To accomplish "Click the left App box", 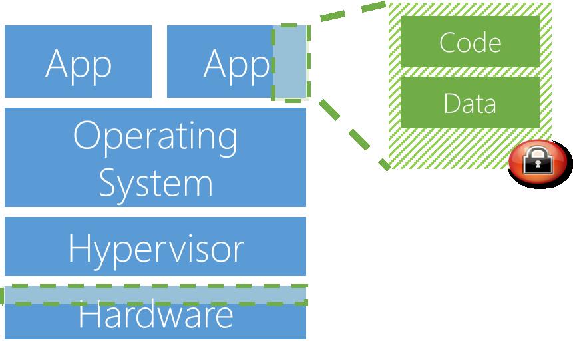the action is pos(78,61).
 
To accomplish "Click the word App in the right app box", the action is pos(236,66).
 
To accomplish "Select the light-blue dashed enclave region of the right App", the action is pos(291,63).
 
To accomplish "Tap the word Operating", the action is pos(155,138).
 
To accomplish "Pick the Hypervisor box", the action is pos(155,246).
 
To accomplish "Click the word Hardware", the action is pos(156,316).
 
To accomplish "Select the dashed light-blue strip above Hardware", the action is pos(155,295).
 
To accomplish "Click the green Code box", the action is pos(470,41).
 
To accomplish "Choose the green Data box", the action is pos(470,102).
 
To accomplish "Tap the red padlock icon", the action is pos(538,162).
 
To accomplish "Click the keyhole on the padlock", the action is pos(538,164).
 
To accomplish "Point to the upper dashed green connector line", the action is pos(353,11).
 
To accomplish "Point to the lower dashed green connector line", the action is pos(355,135).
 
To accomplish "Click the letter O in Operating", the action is pos(87,135).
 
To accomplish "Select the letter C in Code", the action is pos(449,43).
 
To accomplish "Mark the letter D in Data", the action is pos(453,103).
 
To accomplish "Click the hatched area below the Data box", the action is pos(449,148).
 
